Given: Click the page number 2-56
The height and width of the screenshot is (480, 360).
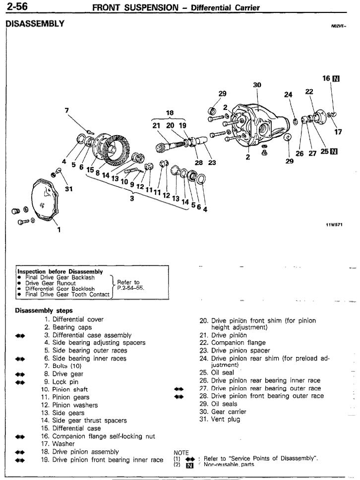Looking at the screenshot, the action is coord(17,6).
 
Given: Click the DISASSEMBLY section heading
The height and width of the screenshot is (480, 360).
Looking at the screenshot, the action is coord(35,24).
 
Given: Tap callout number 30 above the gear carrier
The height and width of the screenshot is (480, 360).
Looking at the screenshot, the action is coord(257,85).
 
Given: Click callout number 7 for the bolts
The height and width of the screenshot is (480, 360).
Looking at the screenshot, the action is coord(67,110).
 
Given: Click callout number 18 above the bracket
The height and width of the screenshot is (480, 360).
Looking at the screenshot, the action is coord(170,112).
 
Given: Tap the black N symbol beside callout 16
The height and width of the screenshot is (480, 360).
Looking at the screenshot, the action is coord(336,79).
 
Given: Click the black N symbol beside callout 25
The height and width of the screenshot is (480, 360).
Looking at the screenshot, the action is coord(334,151).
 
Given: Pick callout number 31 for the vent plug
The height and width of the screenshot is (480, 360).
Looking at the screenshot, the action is coord(69,189).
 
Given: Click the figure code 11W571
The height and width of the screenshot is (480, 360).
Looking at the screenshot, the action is coord(334,225).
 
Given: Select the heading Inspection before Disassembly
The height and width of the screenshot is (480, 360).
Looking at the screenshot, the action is coord(60,271).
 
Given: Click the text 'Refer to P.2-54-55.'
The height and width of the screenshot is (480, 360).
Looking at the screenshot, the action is coord(129,285).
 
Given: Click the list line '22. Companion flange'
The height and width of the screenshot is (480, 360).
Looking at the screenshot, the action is coord(233,343).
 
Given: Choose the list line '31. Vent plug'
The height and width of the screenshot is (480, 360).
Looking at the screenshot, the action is coord(220,420).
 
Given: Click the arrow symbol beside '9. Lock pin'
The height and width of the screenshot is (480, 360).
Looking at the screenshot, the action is coord(20,382).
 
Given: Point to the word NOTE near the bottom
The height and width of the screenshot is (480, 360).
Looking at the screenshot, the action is coord(181,452).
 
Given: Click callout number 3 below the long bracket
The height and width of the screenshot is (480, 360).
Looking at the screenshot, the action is coord(132,198).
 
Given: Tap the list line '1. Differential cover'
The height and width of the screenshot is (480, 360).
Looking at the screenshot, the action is coord(74,320).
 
